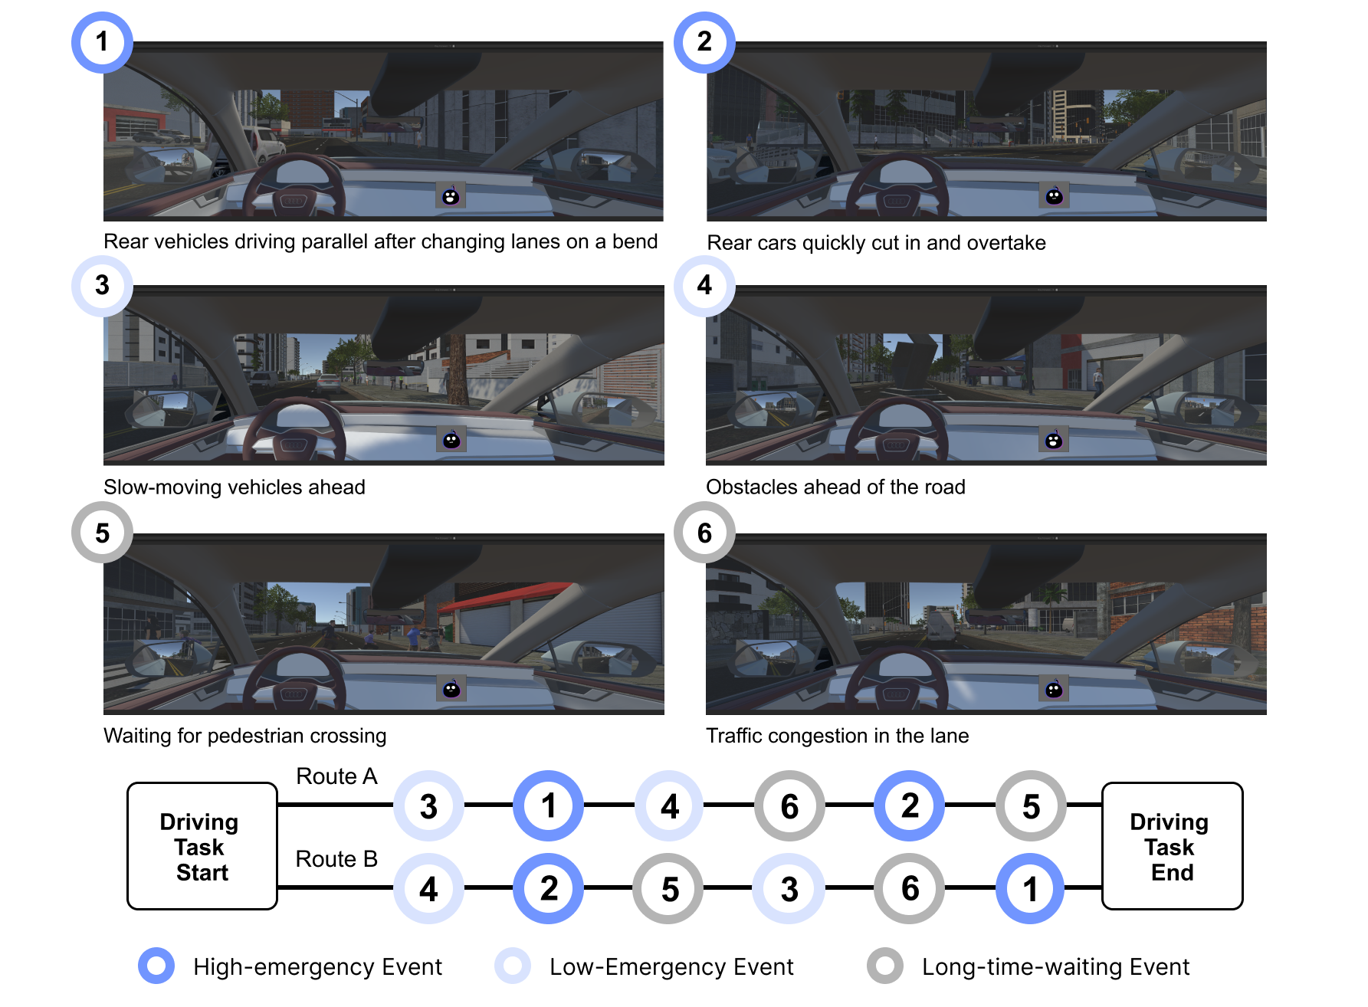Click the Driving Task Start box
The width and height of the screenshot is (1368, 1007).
point(202,846)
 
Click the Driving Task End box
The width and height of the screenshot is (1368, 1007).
point(1172,846)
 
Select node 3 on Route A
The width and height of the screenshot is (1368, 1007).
point(428,805)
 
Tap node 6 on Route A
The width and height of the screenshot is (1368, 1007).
point(789,805)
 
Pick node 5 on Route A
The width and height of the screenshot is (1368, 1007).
point(1031,805)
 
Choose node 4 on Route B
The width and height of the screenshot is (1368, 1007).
point(428,888)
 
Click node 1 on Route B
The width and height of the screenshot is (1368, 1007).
point(1031,888)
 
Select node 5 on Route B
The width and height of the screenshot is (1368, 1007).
point(669,888)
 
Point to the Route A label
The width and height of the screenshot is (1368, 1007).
point(336,776)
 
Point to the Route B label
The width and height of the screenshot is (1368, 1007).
point(336,859)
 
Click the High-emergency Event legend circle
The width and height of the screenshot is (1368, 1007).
point(156,966)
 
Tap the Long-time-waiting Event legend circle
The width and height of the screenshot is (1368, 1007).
point(885,966)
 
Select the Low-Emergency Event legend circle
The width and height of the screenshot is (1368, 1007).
point(513,966)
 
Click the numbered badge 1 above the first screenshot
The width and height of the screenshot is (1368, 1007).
point(102,42)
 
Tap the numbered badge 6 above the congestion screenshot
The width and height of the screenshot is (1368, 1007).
point(704,533)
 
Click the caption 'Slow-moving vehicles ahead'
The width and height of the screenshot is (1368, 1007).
point(235,487)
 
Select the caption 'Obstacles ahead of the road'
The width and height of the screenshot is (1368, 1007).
point(835,487)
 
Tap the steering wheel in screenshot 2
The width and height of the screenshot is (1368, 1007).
point(897,188)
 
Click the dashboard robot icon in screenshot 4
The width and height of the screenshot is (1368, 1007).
point(1054,440)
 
